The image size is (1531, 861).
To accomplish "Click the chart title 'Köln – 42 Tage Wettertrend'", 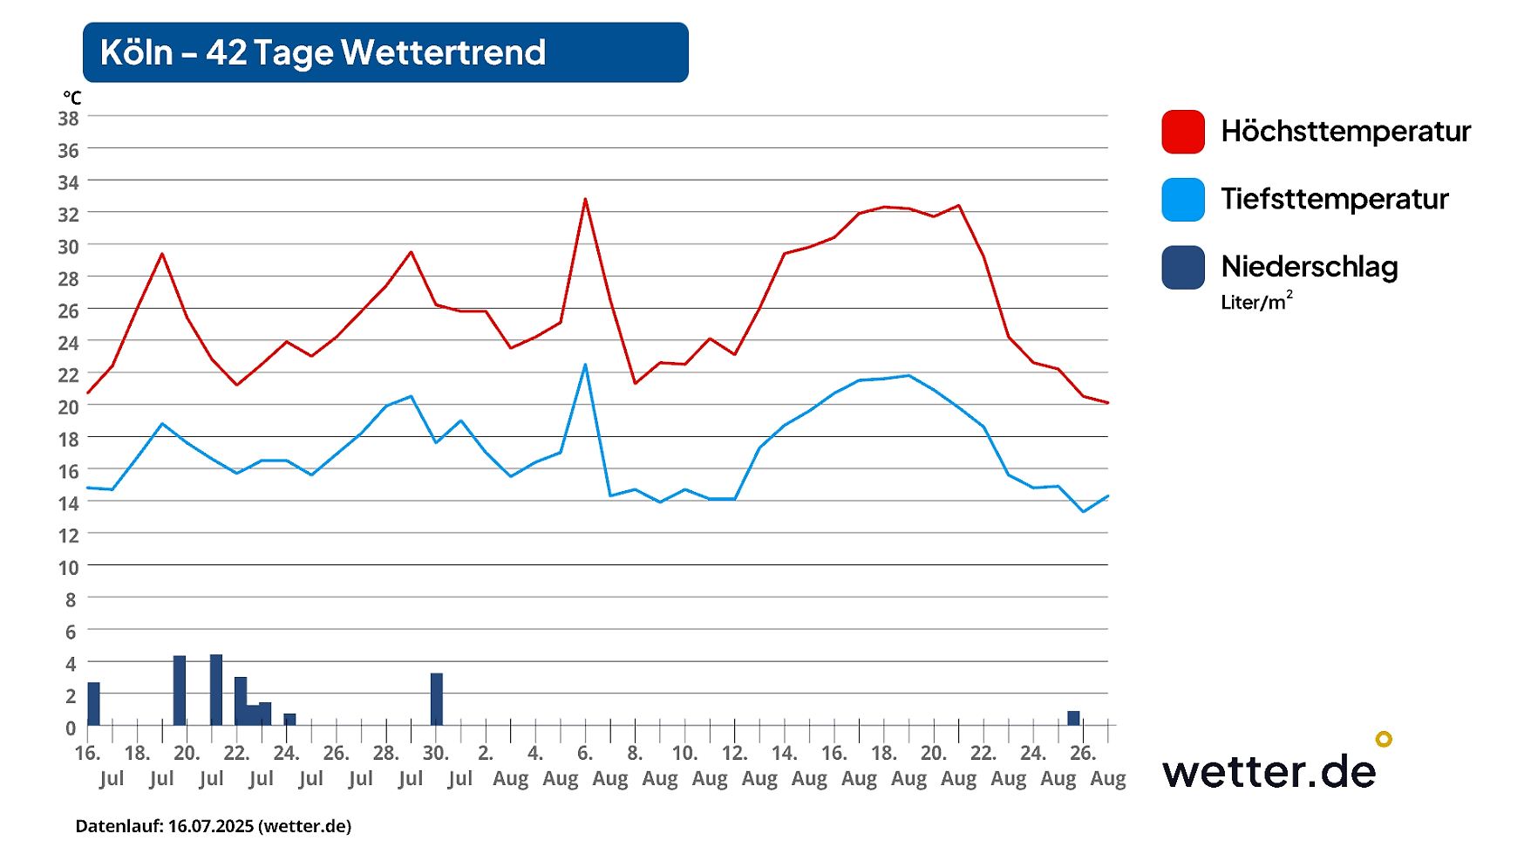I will point(323,52).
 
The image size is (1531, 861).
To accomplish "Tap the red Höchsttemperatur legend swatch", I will point(1182,132).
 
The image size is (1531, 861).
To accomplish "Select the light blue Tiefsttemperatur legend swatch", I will point(1182,200).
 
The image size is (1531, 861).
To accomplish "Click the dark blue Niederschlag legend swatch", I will point(1182,267).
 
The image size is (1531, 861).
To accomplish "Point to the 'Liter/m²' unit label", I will point(1255,302).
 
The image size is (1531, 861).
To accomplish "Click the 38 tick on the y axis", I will point(68,118).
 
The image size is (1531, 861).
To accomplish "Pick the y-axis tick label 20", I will point(68,407).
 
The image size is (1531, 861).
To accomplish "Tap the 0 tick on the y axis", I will point(71,728).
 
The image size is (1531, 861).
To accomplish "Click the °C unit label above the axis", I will point(71,98).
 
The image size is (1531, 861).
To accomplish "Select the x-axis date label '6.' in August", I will point(585,753).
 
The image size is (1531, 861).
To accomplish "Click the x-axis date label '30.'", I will point(435,753).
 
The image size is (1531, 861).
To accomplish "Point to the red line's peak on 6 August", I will point(585,200).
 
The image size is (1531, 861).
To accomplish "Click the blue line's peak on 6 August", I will point(585,365).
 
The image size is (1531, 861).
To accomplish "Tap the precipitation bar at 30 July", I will point(436,699).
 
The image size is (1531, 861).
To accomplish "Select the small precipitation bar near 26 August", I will point(1073,718).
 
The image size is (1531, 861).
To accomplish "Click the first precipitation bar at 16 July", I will point(93,703).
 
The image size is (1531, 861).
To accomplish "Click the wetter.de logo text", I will point(1269,771).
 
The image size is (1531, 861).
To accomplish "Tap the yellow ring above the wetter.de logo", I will point(1384,739).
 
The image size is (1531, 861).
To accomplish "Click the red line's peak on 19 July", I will point(162,254).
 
